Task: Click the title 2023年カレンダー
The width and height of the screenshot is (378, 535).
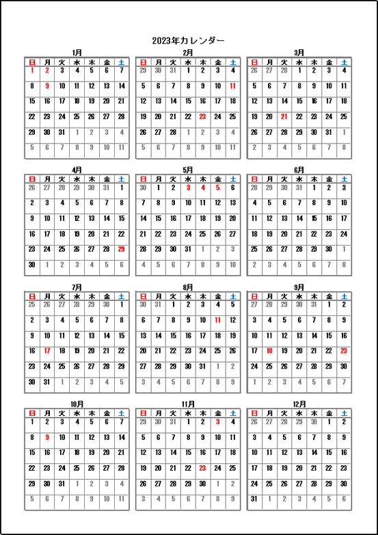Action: pos(188,40)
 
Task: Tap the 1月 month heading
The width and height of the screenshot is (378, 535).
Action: pos(77,53)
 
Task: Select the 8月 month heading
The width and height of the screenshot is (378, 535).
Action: pos(188,287)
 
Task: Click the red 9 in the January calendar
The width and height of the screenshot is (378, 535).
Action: pos(47,86)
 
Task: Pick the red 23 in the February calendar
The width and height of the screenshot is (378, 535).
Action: pos(202,116)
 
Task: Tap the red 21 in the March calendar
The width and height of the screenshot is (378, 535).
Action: pos(284,116)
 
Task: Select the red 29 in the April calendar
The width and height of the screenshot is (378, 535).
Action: pos(122,249)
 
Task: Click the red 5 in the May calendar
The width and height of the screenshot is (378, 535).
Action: pos(217,187)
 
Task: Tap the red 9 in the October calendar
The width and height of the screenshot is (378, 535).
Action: pos(47,436)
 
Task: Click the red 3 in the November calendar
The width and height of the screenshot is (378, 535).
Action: pos(217,421)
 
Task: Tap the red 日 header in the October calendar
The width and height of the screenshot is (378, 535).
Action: pos(32,413)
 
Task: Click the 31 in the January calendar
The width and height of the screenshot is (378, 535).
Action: pos(62,132)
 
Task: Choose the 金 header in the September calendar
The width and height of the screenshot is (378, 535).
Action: pos(329,296)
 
